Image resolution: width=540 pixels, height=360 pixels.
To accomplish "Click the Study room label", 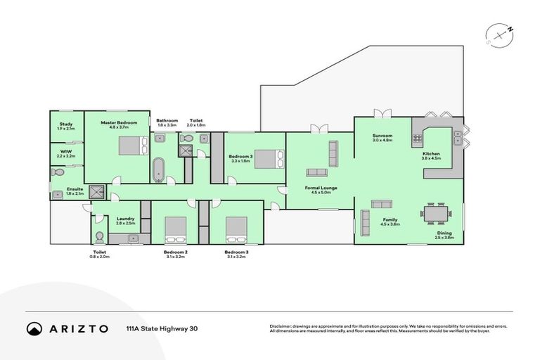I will [65, 125].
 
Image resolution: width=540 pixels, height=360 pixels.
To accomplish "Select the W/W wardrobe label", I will [65, 152].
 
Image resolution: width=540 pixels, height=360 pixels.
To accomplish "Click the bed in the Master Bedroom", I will [129, 146].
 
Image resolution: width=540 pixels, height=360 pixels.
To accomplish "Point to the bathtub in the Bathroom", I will [159, 169].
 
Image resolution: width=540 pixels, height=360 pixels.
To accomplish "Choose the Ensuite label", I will [75, 190].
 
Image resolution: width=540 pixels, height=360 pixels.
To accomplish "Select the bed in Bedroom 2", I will [175, 229].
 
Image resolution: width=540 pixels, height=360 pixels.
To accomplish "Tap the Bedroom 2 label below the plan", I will [176, 252].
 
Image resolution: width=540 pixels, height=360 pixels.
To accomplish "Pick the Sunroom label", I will [382, 136].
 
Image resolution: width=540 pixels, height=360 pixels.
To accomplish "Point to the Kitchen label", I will [431, 155].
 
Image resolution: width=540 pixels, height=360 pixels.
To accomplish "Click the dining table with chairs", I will [434, 212].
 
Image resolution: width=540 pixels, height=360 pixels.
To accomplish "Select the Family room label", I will [390, 221].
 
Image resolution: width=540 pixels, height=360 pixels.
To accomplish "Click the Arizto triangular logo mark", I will [34, 328].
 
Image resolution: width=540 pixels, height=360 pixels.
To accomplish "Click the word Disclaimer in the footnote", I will [282, 326].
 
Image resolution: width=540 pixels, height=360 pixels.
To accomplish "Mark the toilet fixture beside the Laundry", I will [99, 237].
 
